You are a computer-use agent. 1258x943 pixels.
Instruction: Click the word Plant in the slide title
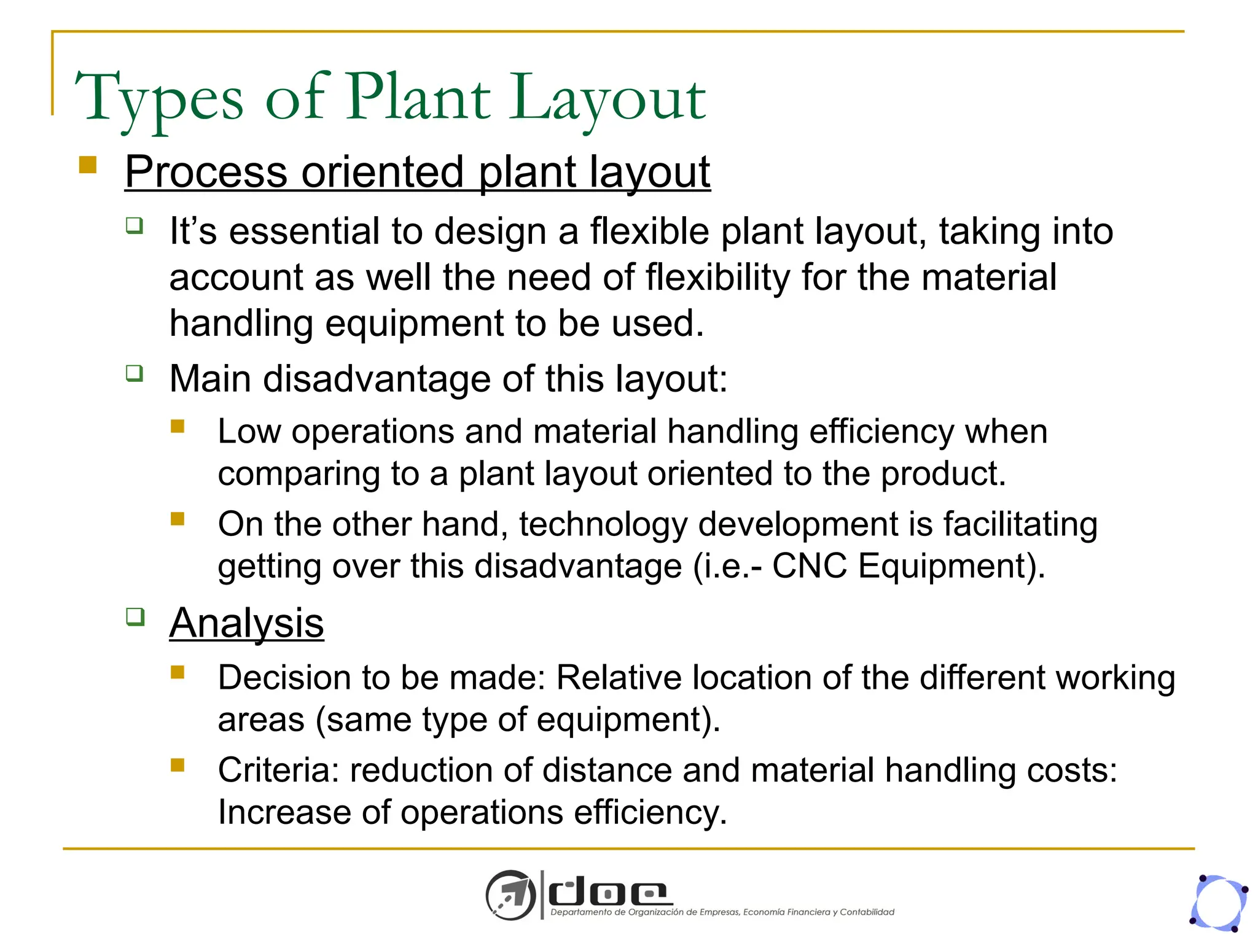(418, 97)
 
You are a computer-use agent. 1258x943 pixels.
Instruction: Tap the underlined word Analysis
(246, 623)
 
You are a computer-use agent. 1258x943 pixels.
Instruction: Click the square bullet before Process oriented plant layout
(88, 165)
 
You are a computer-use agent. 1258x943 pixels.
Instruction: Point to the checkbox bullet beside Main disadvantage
(135, 373)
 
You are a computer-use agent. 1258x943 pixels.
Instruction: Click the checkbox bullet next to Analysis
(135, 616)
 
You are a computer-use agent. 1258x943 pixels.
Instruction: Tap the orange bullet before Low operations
(178, 426)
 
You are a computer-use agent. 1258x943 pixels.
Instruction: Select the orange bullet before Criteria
(178, 764)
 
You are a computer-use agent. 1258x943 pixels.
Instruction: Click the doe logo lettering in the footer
(608, 893)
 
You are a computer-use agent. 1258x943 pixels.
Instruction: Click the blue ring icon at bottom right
(1219, 903)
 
